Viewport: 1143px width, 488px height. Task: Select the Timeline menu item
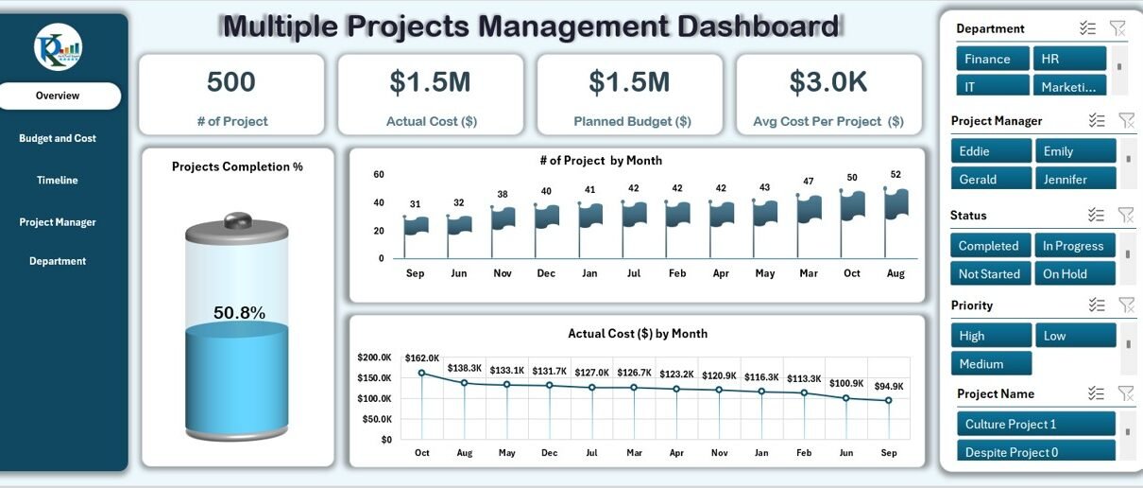[x=57, y=180]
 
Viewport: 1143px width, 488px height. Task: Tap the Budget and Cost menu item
[x=57, y=138]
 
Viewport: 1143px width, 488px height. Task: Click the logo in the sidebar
[x=59, y=47]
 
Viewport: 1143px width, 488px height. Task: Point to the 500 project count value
[x=231, y=81]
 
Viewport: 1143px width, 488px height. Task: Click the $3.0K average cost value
[x=828, y=81]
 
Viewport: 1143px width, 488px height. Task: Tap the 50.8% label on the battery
[x=239, y=312]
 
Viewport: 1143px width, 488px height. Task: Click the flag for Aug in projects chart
[x=896, y=204]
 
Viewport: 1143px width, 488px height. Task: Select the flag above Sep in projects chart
[x=416, y=225]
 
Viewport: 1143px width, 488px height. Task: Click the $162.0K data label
[x=422, y=357]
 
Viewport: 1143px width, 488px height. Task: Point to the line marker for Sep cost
[x=888, y=401]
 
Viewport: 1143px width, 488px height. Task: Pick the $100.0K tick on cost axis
[x=374, y=398]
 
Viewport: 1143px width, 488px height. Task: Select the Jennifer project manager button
[x=1076, y=179]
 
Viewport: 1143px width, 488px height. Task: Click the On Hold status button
[x=1075, y=273]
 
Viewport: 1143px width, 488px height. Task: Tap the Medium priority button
[x=991, y=363]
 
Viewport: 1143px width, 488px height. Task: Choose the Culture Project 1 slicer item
[x=1036, y=424]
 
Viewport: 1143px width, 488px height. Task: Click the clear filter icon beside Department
[x=1117, y=28]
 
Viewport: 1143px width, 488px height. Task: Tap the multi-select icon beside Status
[x=1096, y=215]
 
